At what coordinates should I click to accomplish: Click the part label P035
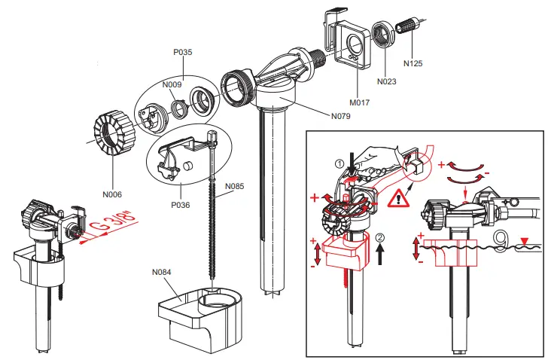tap(182, 53)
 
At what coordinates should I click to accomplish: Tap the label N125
tap(413, 63)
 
